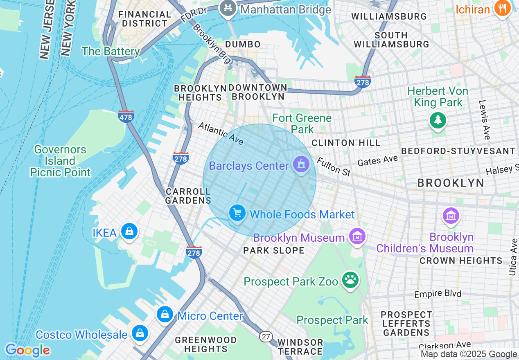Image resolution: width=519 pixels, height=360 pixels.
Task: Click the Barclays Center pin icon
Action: (x=301, y=165)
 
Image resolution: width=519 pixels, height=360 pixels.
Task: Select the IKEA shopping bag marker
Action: (x=129, y=232)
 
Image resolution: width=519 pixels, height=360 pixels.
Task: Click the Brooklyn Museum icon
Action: (x=357, y=236)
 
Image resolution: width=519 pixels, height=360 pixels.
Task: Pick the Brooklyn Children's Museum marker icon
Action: (x=451, y=216)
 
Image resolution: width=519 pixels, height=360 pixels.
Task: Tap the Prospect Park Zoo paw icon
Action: (x=350, y=280)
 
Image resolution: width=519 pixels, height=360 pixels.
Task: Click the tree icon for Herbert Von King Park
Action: (x=438, y=120)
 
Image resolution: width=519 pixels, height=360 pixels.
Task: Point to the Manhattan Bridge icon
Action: (x=226, y=8)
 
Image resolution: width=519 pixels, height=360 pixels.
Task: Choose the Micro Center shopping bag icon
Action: (x=165, y=315)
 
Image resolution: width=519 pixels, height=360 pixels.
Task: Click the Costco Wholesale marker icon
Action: (x=140, y=333)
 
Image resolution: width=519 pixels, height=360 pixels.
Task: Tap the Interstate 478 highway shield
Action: (x=126, y=117)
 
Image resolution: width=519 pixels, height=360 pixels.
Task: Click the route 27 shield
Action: (x=266, y=336)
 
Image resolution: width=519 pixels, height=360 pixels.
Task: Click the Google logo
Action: (x=27, y=350)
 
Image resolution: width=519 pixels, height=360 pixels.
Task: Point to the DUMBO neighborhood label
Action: (x=243, y=44)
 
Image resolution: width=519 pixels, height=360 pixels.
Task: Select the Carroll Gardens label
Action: (x=188, y=196)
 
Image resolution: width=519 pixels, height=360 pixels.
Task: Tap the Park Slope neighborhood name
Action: (x=273, y=250)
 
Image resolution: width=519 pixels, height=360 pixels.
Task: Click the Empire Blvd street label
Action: (x=438, y=294)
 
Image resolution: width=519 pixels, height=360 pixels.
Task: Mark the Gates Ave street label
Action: (x=377, y=160)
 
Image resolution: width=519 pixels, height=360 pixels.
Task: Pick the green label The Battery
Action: (x=111, y=51)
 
